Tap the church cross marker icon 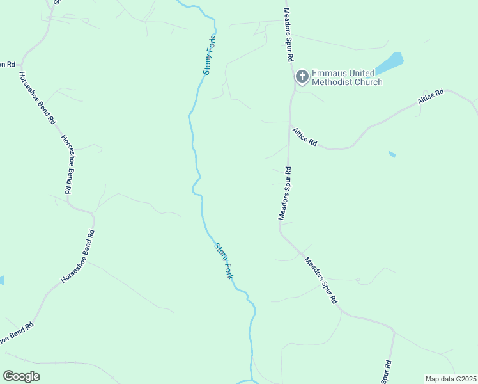(302, 77)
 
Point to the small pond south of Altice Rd (392, 154)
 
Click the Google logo (21, 376)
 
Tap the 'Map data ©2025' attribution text (451, 379)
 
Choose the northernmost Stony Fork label (210, 56)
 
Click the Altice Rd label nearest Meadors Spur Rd (305, 137)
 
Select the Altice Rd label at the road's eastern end (430, 98)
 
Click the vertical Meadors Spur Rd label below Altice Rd (284, 193)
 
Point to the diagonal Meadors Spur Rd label (320, 280)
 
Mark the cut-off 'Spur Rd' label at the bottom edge (387, 372)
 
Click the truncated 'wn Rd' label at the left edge (6, 64)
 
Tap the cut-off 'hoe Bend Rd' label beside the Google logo (16, 335)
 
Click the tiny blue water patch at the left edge (1, 280)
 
